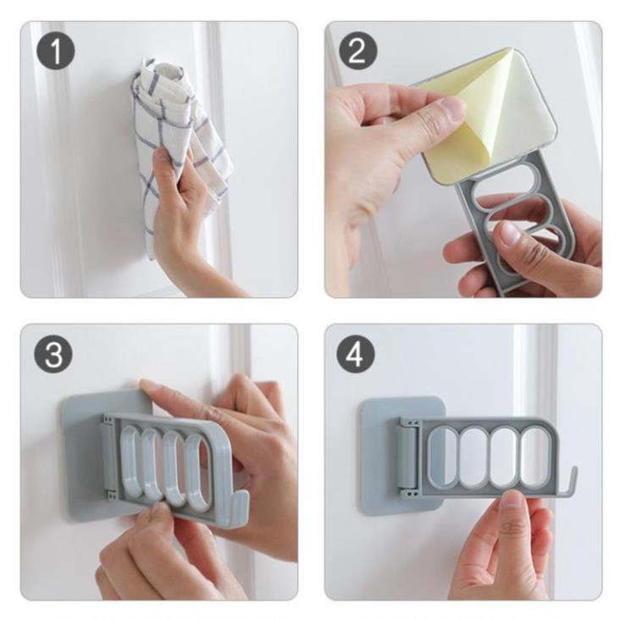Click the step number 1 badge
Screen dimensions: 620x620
pos(56,52)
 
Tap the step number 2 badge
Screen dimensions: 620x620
pos(357,51)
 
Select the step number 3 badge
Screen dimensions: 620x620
pos(53,353)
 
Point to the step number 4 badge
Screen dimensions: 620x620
pos(356,353)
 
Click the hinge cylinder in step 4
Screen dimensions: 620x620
pos(407,456)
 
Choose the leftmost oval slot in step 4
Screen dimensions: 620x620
pos(443,456)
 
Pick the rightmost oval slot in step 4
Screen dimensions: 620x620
pos(534,456)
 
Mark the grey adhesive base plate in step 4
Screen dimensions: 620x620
pos(379,455)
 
